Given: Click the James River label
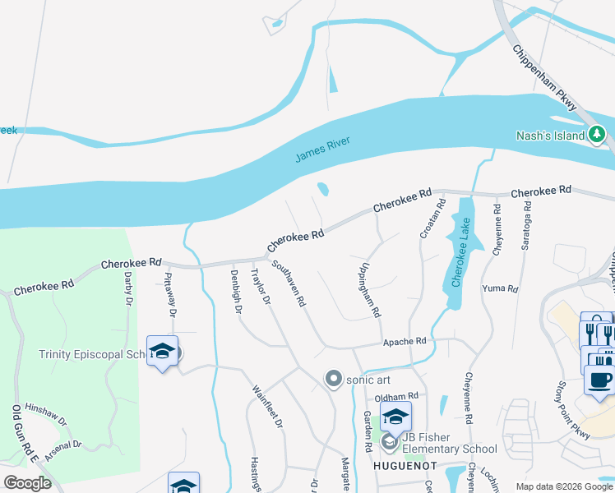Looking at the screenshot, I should [x=323, y=150].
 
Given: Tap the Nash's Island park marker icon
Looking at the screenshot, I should [x=597, y=134].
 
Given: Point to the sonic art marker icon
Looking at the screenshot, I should [x=333, y=379].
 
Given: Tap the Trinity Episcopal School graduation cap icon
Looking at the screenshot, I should [x=163, y=351].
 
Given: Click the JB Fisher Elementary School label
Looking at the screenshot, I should [x=448, y=449].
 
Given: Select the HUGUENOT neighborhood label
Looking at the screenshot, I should [x=399, y=466].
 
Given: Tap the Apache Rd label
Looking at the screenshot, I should [x=405, y=341].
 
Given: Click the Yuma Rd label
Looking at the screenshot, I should [x=500, y=289].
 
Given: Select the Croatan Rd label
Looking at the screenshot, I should [x=429, y=219].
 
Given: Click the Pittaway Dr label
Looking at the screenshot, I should [x=170, y=295].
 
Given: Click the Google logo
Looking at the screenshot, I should [x=27, y=483].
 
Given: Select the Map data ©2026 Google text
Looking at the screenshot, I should [x=564, y=486].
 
